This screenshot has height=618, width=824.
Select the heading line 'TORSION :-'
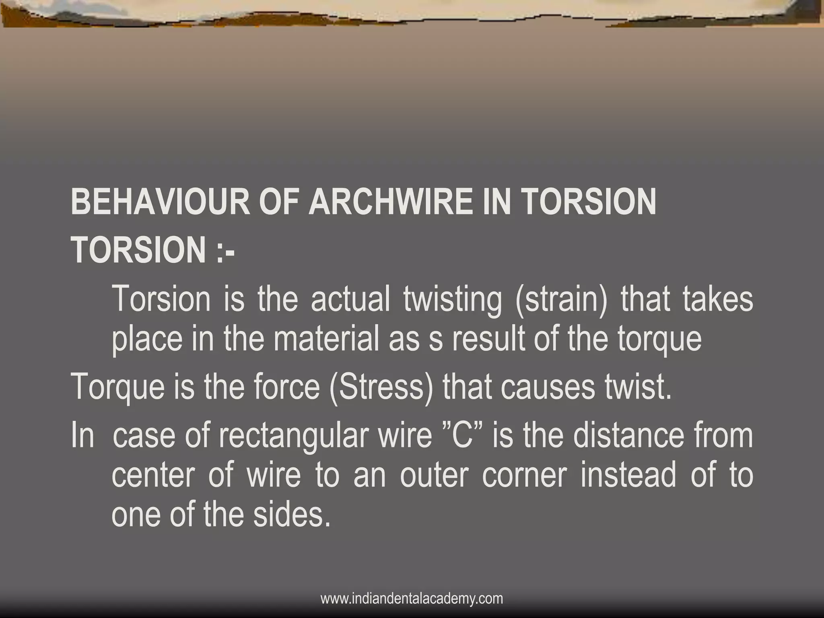(x=153, y=249)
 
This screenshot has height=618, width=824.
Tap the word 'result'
(x=488, y=339)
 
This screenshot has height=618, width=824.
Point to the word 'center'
(x=153, y=476)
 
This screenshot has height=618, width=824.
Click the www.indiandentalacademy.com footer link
(x=412, y=599)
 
